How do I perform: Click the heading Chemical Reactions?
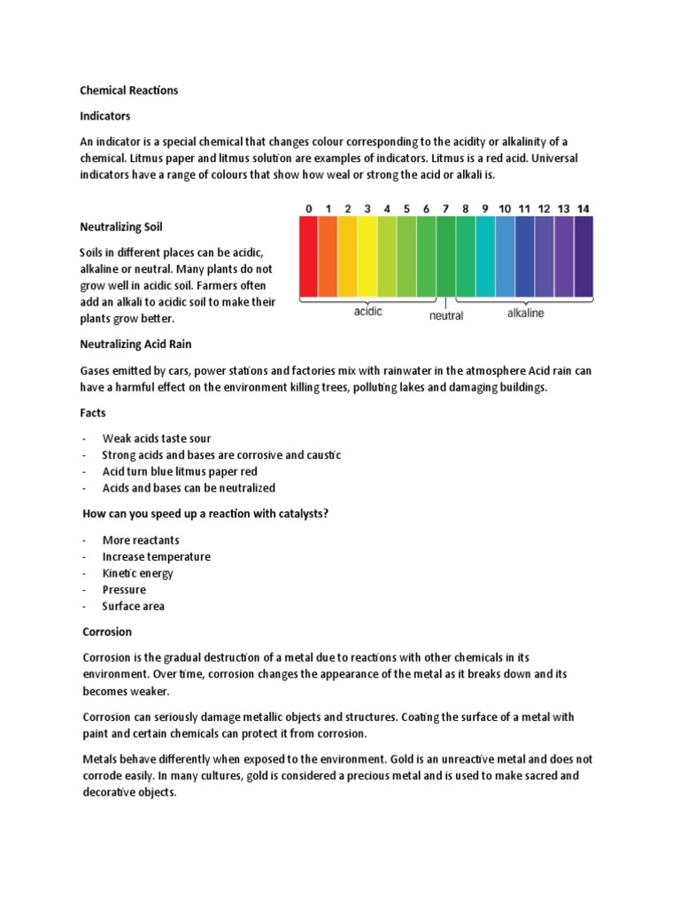pyautogui.click(x=130, y=90)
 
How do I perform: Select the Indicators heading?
pyautogui.click(x=106, y=116)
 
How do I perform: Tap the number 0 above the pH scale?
pyautogui.click(x=309, y=209)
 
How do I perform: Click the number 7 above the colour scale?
pyautogui.click(x=445, y=209)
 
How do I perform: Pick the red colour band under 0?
pyautogui.click(x=309, y=257)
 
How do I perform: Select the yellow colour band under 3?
pyautogui.click(x=367, y=257)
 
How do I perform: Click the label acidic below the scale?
pyautogui.click(x=367, y=313)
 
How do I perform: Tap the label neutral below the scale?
pyautogui.click(x=446, y=316)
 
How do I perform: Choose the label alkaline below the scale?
pyautogui.click(x=526, y=313)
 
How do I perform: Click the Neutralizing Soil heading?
pyautogui.click(x=122, y=228)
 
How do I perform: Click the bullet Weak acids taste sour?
pyautogui.click(x=157, y=438)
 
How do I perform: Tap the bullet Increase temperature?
pyautogui.click(x=156, y=556)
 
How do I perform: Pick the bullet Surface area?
pyautogui.click(x=134, y=606)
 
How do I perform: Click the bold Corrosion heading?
pyautogui.click(x=107, y=632)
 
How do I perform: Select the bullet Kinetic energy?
pyautogui.click(x=138, y=573)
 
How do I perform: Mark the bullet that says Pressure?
pyautogui.click(x=124, y=590)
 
